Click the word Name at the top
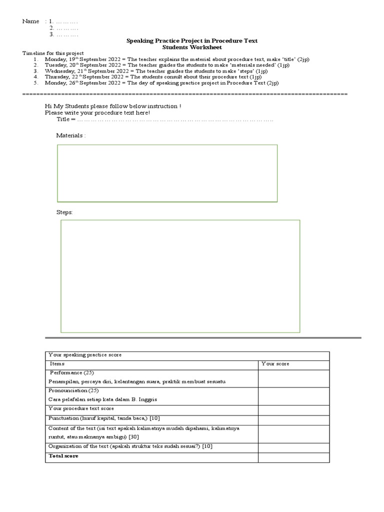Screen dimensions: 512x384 tap(30, 21)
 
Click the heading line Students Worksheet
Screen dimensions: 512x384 tap(192, 47)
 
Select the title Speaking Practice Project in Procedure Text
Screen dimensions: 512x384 tap(192, 40)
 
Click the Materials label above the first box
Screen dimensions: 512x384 tap(70, 135)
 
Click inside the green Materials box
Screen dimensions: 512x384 tap(167, 173)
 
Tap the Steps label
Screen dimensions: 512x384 tap(64, 212)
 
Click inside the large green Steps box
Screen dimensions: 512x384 tap(180, 275)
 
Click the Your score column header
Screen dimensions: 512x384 tap(275, 364)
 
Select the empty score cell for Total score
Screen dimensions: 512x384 tap(293, 457)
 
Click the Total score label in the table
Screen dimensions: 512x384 tap(63, 456)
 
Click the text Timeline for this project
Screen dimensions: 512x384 tap(53, 53)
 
